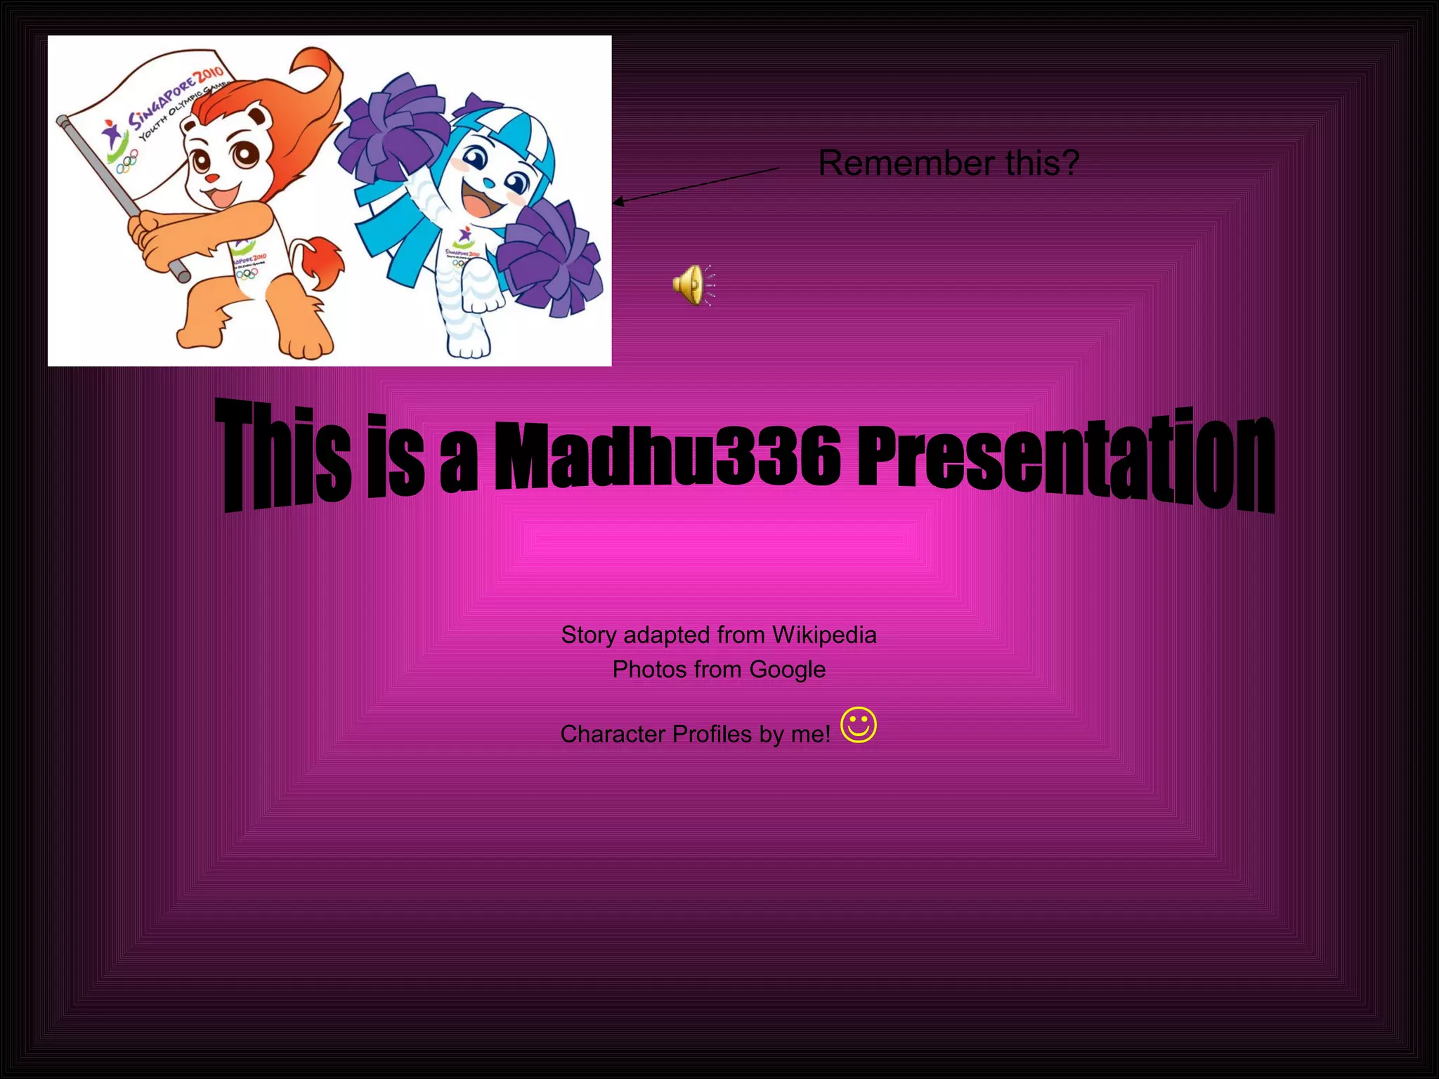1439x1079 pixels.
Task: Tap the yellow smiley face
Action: [859, 725]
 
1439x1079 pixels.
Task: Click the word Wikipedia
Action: [824, 635]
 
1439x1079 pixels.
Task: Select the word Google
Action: [787, 670]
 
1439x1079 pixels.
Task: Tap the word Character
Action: [612, 734]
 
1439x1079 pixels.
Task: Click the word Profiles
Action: [712, 734]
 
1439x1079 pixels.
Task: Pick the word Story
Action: [589, 635]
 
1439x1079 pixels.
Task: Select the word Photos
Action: [643, 670]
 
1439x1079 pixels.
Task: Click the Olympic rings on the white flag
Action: [127, 164]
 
